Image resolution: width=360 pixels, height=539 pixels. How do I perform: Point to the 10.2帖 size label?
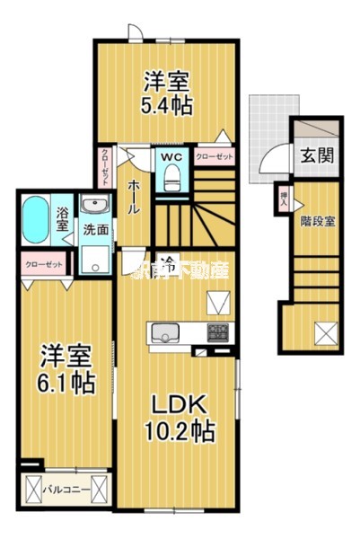coord(179,431)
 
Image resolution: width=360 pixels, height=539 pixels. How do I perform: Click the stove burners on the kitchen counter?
coord(218,332)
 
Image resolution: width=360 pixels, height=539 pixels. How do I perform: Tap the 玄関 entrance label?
coord(316,155)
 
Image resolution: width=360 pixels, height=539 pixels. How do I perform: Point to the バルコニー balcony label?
coord(65,490)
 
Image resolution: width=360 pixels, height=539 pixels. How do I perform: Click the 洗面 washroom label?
coord(96,229)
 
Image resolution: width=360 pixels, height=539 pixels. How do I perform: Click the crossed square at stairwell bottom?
coord(325,334)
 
